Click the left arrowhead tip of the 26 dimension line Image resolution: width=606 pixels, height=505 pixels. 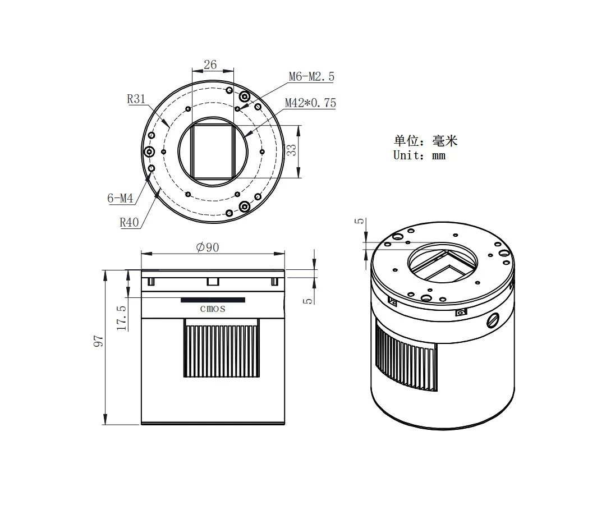(x=192, y=71)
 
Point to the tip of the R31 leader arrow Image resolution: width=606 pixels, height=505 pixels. (x=169, y=127)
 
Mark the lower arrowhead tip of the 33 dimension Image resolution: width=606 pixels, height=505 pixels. (x=299, y=177)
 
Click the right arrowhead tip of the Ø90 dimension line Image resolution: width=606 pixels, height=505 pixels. (x=285, y=254)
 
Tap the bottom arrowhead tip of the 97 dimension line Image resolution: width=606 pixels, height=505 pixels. (x=105, y=425)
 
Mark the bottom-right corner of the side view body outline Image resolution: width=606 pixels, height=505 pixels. (x=284, y=424)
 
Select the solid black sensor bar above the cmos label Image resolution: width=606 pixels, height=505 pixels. (x=213, y=300)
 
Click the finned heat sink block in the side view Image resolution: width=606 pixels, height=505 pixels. (x=221, y=348)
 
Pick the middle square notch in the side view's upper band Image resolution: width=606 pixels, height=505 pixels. (x=213, y=281)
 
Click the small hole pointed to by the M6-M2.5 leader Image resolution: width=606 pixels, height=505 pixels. (x=237, y=109)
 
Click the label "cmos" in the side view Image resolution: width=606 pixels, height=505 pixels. (x=213, y=309)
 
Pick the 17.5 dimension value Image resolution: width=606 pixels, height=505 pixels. (x=121, y=318)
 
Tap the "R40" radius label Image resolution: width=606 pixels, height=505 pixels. (x=129, y=223)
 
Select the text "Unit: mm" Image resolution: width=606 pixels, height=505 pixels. (x=419, y=155)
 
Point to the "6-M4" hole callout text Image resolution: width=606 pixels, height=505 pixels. (x=120, y=199)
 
